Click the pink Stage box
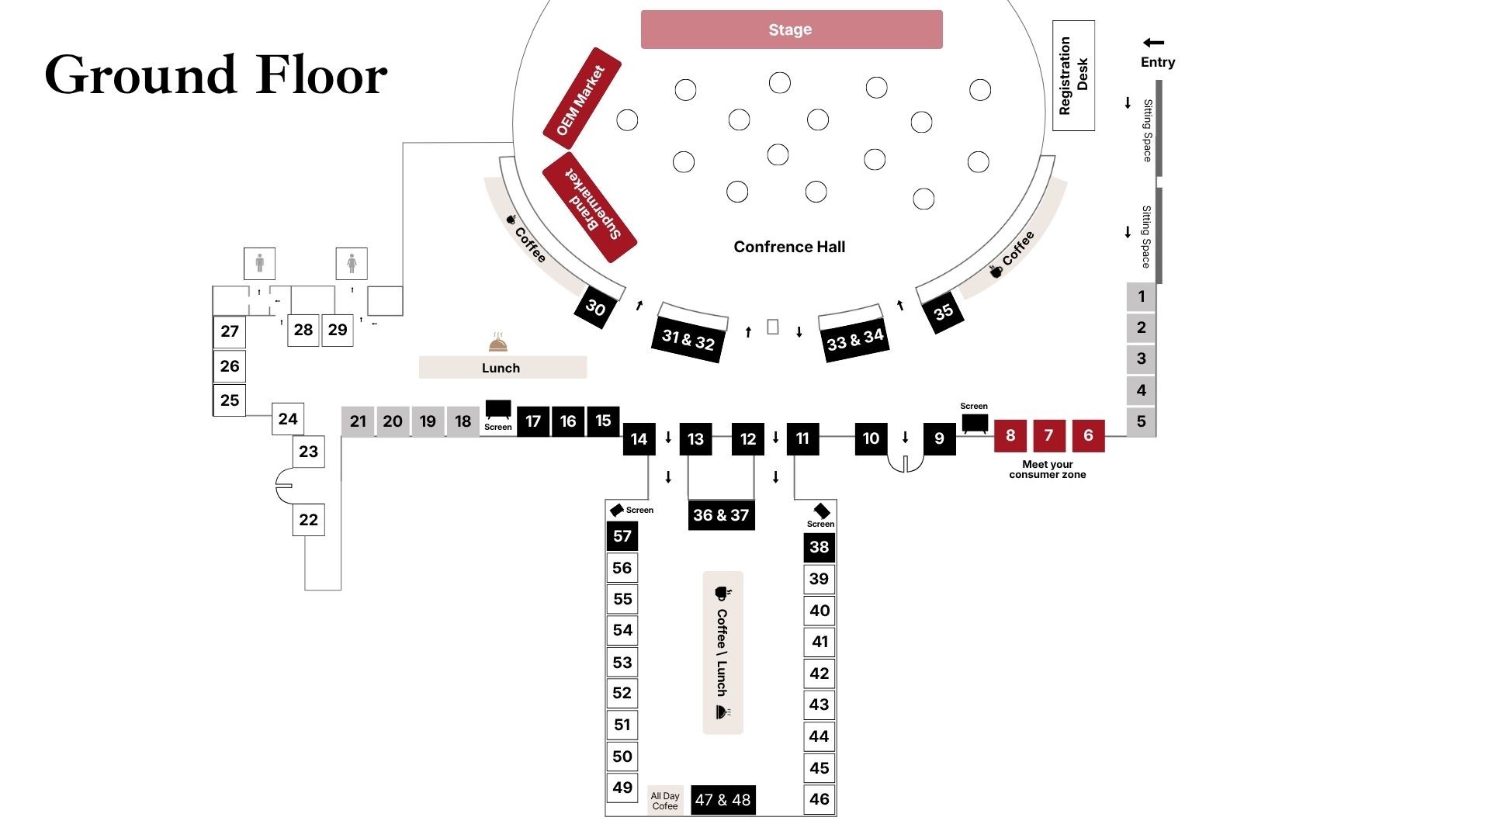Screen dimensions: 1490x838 tap(792, 29)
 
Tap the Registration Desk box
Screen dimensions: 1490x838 tap(1073, 75)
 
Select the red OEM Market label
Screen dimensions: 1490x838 tap(582, 99)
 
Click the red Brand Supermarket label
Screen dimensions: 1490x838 tap(590, 206)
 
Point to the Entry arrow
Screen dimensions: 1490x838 tap(1154, 43)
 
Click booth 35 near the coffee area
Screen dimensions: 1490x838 tap(943, 312)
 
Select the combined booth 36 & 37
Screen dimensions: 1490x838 tap(721, 515)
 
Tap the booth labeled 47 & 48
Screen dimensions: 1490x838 tap(722, 800)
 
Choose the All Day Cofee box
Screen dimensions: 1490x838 tap(665, 801)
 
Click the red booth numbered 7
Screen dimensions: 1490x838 tap(1048, 435)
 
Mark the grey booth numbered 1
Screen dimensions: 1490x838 tap(1141, 296)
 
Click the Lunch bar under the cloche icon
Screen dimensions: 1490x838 tap(502, 368)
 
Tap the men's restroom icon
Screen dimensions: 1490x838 tap(260, 263)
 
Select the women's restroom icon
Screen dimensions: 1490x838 tap(352, 263)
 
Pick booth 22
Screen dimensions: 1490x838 tap(308, 520)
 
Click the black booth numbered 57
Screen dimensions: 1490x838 tap(622, 536)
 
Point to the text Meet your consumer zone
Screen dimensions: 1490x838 tap(1047, 469)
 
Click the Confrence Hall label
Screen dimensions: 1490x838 tap(789, 247)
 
